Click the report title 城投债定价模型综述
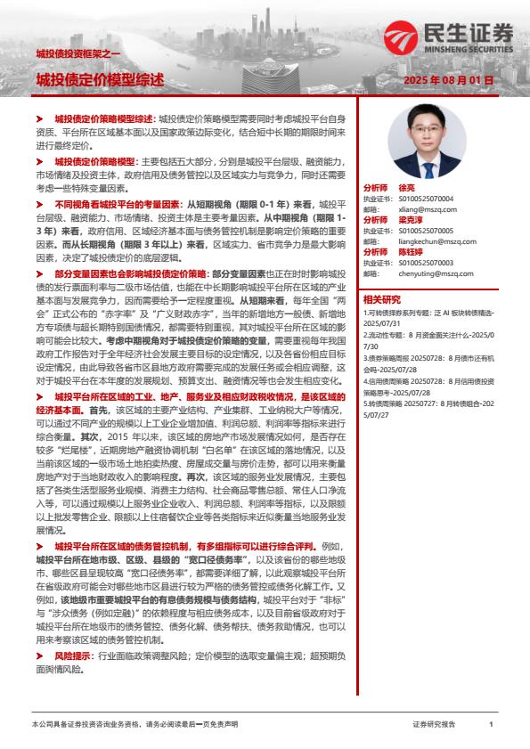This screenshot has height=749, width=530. click(100, 79)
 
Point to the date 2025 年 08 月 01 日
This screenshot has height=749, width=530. click(448, 79)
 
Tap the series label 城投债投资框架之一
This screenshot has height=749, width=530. click(69, 53)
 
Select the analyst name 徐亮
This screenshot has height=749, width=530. click(406, 189)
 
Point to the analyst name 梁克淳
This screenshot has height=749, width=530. click(410, 219)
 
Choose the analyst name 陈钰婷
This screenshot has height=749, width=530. click(410, 252)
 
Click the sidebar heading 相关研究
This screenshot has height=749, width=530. click(382, 299)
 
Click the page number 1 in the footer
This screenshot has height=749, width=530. click(491, 725)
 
